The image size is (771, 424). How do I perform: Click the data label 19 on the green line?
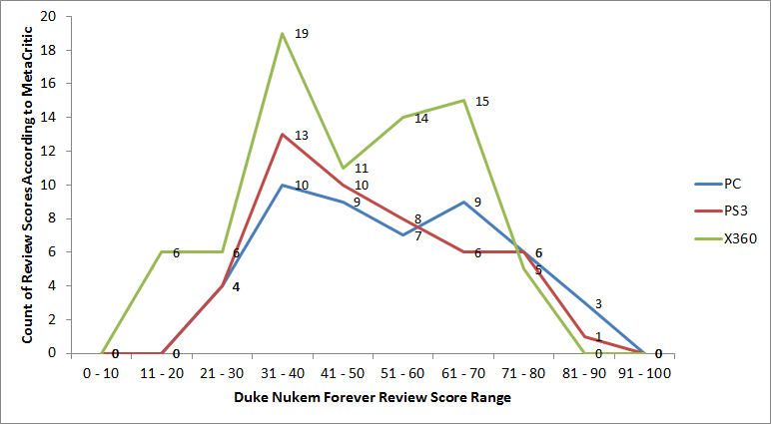pyautogui.click(x=302, y=34)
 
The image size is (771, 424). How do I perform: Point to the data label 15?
pyautogui.click(x=482, y=101)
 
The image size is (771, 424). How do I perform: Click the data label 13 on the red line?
pyautogui.click(x=302, y=135)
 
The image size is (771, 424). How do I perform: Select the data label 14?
pyautogui.click(x=421, y=119)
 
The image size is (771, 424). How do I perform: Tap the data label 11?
pyautogui.click(x=362, y=169)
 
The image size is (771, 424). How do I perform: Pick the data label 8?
pyautogui.click(x=417, y=219)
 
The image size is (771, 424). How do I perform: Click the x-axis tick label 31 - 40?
pyautogui.click(x=283, y=372)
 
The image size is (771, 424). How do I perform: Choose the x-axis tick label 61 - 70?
pyautogui.click(x=462, y=372)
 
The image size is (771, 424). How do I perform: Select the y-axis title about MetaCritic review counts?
pyautogui.click(x=27, y=186)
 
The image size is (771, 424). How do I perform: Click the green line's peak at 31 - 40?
pyautogui.click(x=283, y=34)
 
